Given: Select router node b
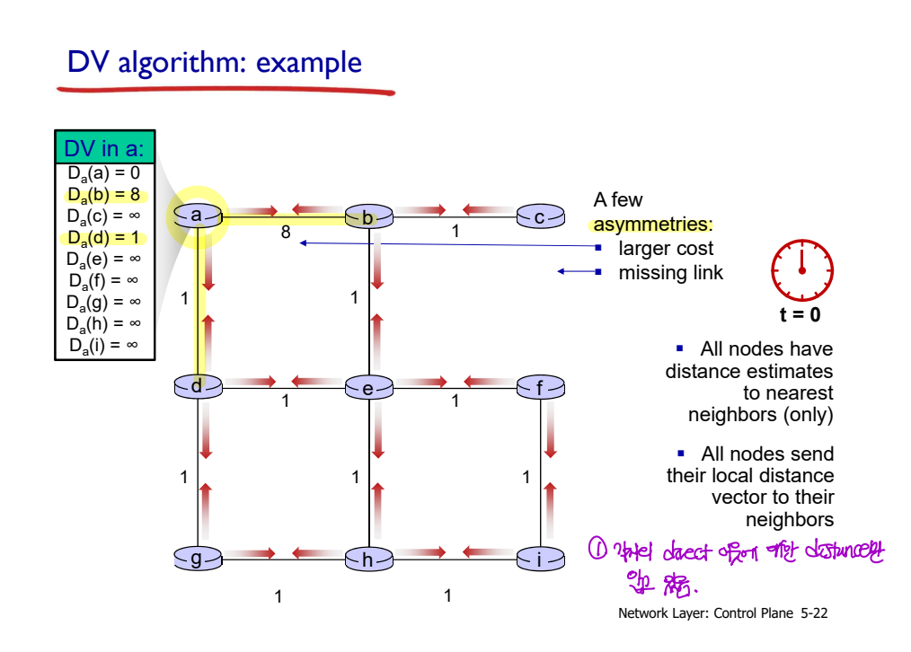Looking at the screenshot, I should [368, 216].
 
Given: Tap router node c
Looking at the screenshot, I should [540, 216].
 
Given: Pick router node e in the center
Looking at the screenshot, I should [368, 388].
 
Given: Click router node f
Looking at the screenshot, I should [540, 388].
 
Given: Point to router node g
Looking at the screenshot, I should [198, 559].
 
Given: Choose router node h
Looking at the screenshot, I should [368, 559].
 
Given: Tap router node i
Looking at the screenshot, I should [540, 559].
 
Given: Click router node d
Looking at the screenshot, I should [198, 387].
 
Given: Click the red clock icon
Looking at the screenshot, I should [802, 270].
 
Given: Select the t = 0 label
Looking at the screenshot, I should [800, 315].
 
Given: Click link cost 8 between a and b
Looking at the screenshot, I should [286, 232].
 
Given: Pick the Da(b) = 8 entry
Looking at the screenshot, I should [104, 193].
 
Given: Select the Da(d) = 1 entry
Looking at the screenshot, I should [104, 237].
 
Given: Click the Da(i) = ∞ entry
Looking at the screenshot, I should [104, 346].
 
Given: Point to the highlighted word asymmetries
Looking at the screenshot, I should [653, 224].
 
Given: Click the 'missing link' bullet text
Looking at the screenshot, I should [670, 272].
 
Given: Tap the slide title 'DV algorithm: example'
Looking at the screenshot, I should [215, 63].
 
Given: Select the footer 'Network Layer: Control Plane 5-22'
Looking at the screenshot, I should [723, 614].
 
